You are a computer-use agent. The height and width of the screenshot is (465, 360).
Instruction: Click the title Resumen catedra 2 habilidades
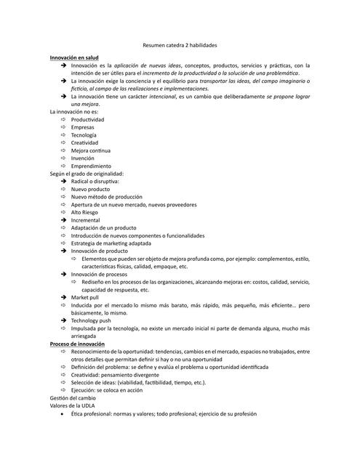tap(180, 44)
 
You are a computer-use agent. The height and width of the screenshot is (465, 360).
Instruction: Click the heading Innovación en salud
tap(74, 56)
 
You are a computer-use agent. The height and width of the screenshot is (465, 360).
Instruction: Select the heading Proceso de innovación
tap(77, 344)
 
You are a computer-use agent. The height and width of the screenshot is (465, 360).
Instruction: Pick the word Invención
tap(83, 158)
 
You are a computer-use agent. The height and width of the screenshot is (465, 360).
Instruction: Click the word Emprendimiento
tap(91, 166)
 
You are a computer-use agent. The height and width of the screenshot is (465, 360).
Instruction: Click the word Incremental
tap(86, 220)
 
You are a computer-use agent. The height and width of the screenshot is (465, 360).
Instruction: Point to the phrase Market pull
tap(85, 297)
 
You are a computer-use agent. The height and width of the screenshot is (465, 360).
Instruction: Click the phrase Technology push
tap(91, 320)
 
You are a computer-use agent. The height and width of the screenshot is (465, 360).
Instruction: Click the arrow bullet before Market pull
tap(63, 297)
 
